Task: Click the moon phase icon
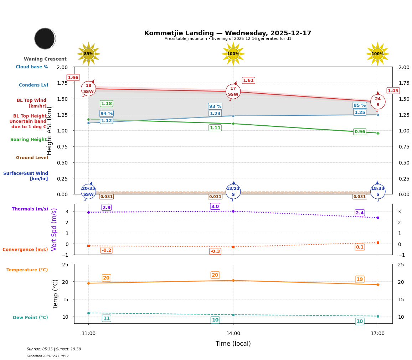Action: (x=45, y=38)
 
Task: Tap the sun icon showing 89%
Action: (x=88, y=54)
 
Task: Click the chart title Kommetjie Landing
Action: (x=227, y=33)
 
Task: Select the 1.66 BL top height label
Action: (x=73, y=78)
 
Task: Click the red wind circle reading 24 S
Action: (x=377, y=102)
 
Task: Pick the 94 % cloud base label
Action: (x=106, y=114)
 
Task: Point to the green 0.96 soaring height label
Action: (x=360, y=132)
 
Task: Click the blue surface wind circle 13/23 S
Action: (x=233, y=192)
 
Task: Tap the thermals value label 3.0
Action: (x=215, y=207)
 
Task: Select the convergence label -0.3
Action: (x=215, y=251)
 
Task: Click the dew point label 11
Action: (x=106, y=318)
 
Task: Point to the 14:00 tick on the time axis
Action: (x=233, y=334)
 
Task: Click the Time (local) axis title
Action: (x=233, y=344)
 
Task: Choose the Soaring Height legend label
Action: (x=29, y=140)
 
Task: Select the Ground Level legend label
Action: (x=32, y=158)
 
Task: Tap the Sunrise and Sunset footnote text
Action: (x=54, y=349)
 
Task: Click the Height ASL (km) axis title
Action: (x=50, y=131)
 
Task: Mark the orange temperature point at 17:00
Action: (x=377, y=285)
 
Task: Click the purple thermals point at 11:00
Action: (x=88, y=212)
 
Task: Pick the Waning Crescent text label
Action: (x=45, y=59)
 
